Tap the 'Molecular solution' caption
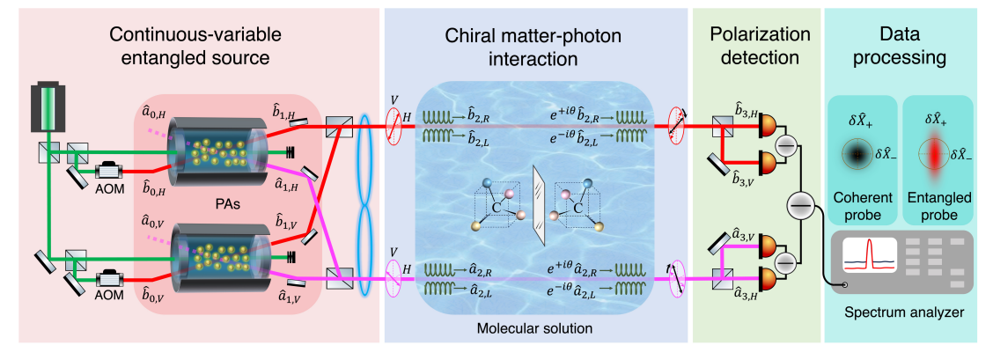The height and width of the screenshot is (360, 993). tap(535, 328)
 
